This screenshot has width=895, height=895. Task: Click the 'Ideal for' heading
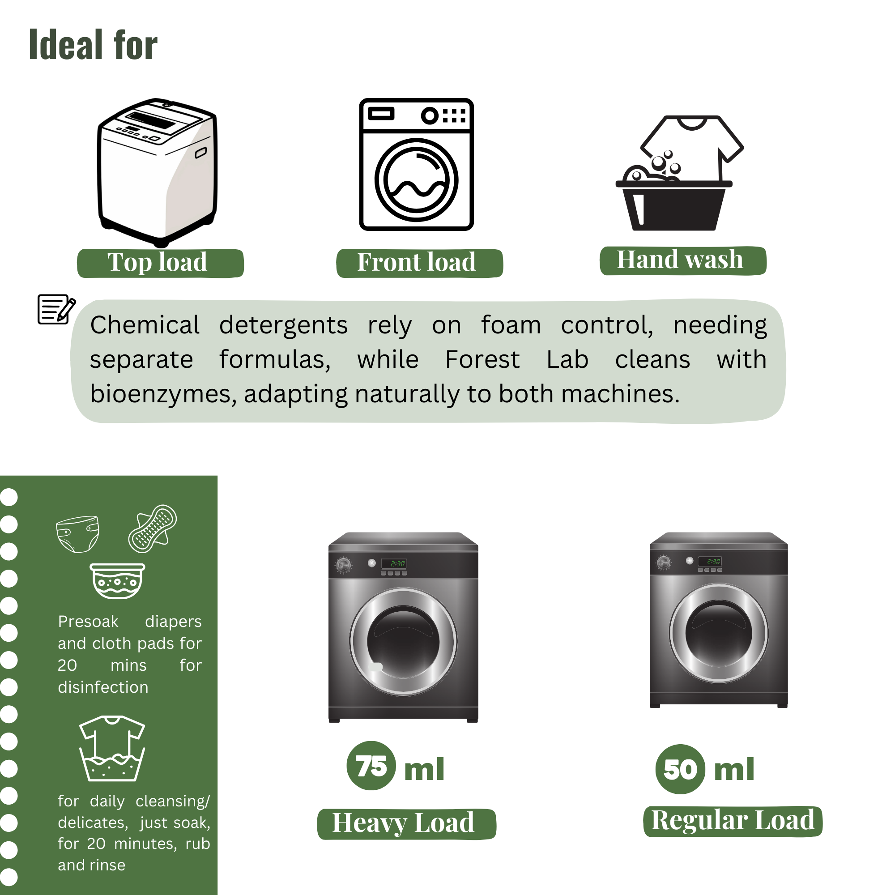93,44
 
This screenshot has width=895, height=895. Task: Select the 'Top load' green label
160,263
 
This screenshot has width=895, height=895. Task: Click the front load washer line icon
417,164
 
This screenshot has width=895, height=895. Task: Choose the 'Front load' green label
420,263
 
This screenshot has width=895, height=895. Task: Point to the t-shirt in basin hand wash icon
679,173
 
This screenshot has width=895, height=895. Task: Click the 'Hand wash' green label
683,260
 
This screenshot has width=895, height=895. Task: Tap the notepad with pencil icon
56,309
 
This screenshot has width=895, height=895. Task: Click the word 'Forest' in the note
482,359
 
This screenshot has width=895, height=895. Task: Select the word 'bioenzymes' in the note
163,395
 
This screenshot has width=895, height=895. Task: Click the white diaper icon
78,534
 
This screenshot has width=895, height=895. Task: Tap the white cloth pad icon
153,528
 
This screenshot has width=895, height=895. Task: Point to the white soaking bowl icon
117,581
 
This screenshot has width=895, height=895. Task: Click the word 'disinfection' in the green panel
103,687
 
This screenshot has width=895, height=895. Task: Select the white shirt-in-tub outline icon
112,748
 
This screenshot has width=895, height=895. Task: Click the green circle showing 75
371,766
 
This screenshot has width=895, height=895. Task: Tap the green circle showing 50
680,769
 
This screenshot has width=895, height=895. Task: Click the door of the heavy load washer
403,642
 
